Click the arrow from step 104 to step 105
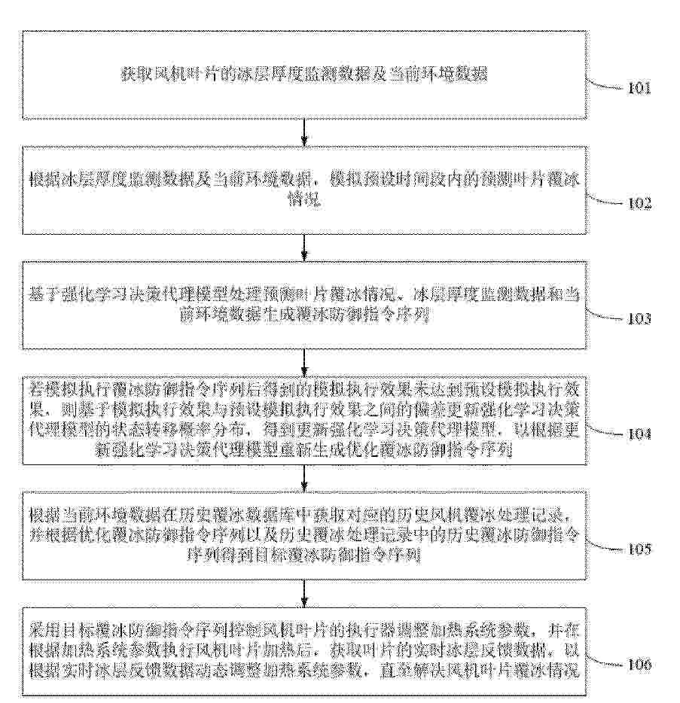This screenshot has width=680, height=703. coord(303,476)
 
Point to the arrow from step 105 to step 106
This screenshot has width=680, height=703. coord(303,591)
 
